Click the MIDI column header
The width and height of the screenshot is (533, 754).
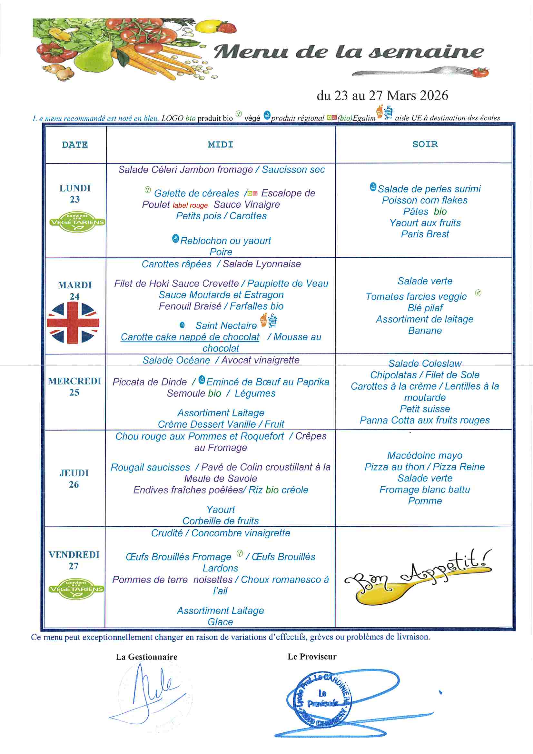click(x=220, y=144)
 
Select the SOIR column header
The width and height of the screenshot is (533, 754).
click(x=425, y=144)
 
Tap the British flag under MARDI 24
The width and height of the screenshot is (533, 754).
click(x=73, y=322)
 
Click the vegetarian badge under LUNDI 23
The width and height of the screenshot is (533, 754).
click(x=77, y=222)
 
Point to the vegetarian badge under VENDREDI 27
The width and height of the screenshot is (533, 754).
click(x=76, y=589)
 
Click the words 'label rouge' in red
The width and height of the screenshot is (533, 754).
click(x=190, y=205)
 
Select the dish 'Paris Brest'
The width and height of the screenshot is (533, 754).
click(x=425, y=234)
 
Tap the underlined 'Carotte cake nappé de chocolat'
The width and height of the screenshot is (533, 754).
click(x=190, y=337)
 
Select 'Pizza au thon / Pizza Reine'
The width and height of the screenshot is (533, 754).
click(x=425, y=467)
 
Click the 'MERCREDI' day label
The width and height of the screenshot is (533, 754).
click(x=74, y=381)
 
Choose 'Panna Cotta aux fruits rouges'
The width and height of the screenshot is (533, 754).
click(x=425, y=420)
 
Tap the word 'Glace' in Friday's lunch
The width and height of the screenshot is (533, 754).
click(x=220, y=622)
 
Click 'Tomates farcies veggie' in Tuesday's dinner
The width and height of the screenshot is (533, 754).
click(x=416, y=297)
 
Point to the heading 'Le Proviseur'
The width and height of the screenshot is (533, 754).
click(x=312, y=657)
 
